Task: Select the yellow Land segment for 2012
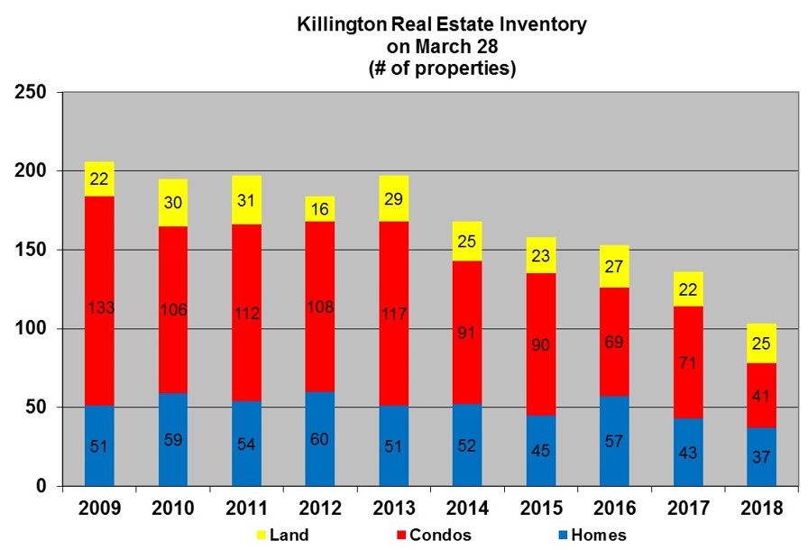click(x=319, y=209)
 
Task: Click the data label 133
click(x=99, y=309)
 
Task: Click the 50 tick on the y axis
click(x=38, y=408)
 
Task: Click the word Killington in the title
click(x=337, y=24)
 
